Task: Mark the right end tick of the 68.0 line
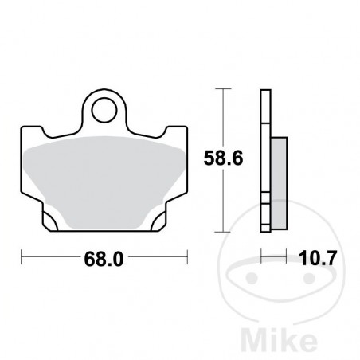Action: pos(189,259)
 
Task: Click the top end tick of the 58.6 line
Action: pos(225,90)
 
